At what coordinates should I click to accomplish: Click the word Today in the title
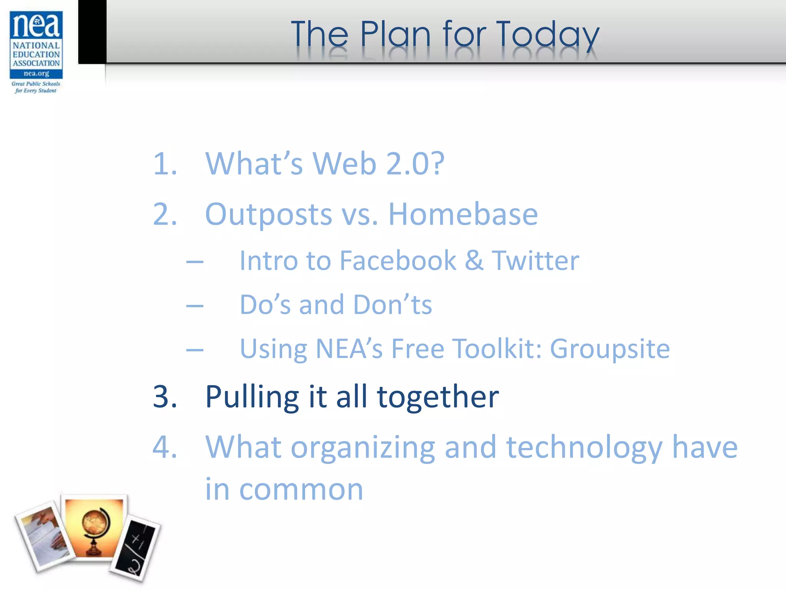[547, 35]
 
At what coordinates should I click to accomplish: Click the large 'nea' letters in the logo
[36, 25]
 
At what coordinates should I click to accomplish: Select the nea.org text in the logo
[36, 73]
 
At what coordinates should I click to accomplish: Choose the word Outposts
[268, 214]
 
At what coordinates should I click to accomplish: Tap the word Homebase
[463, 214]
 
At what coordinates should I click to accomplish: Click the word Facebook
[398, 261]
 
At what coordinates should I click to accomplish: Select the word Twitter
[535, 261]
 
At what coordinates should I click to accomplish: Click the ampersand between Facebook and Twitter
[474, 261]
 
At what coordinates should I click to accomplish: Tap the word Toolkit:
[497, 349]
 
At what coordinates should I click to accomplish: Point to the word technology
[584, 448]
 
